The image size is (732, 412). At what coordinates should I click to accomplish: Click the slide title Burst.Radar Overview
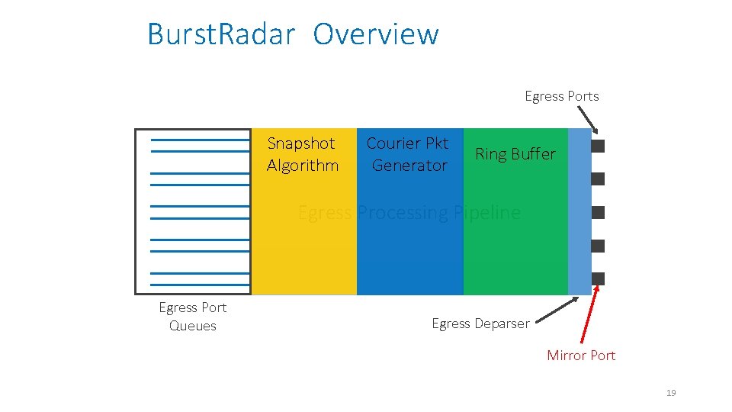click(293, 35)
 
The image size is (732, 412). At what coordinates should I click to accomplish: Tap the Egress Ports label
click(561, 96)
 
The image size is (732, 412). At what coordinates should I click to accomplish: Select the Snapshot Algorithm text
click(302, 154)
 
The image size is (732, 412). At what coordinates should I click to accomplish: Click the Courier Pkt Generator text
click(408, 154)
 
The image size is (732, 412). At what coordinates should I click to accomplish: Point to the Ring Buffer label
click(515, 154)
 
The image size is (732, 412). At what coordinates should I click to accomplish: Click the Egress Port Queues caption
click(192, 317)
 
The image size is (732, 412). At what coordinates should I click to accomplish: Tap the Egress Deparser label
click(480, 323)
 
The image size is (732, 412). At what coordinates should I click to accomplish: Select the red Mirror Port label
click(580, 356)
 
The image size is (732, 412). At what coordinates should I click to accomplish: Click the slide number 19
click(671, 393)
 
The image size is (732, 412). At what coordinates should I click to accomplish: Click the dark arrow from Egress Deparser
click(555, 311)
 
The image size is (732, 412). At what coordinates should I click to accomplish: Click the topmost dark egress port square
click(598, 146)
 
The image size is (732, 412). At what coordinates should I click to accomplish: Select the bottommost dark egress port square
click(598, 278)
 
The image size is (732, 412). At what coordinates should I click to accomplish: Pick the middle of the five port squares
click(598, 212)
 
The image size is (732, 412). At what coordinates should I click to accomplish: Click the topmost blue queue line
click(200, 140)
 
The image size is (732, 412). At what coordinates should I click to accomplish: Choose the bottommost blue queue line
click(200, 284)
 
